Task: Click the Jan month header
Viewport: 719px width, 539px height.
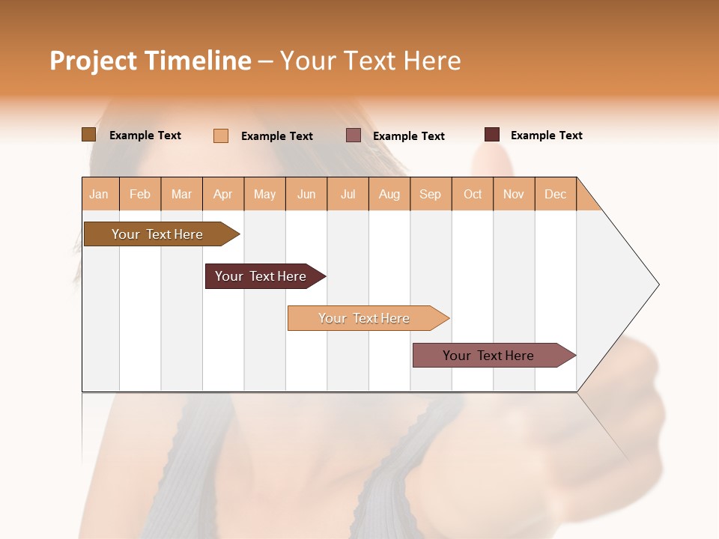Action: point(100,194)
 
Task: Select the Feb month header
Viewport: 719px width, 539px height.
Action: point(140,194)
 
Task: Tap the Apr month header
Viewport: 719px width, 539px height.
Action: point(223,194)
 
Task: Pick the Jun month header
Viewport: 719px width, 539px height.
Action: point(306,194)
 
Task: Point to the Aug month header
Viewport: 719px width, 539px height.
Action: point(389,194)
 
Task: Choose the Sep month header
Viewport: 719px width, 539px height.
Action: point(431,194)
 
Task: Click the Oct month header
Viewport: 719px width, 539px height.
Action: point(473,194)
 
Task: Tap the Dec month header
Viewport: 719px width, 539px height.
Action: point(556,194)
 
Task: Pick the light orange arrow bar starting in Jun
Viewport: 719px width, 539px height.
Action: point(365,318)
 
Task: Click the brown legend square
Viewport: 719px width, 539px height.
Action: point(88,135)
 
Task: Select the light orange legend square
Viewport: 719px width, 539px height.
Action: point(221,135)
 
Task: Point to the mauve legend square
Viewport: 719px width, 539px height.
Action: point(354,135)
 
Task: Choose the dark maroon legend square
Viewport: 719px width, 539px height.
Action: point(492,135)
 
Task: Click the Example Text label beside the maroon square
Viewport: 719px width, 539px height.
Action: point(546,135)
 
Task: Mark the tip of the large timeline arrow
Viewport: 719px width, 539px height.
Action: point(658,284)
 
